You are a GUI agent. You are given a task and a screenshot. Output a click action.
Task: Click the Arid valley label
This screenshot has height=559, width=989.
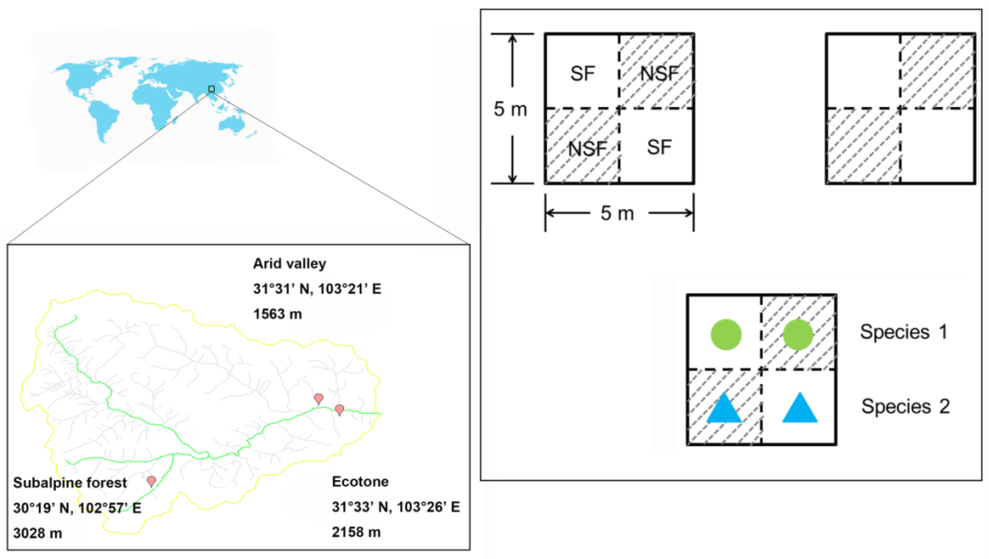(x=289, y=264)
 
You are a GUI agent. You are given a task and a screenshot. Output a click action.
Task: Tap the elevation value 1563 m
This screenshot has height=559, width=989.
(x=278, y=314)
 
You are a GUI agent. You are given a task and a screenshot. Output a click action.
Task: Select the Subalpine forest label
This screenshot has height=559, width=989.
(x=70, y=483)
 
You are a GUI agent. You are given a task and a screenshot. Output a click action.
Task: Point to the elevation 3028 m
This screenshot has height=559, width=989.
(x=38, y=533)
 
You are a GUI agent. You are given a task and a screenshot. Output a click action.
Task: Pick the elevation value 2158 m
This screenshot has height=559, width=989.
(x=356, y=532)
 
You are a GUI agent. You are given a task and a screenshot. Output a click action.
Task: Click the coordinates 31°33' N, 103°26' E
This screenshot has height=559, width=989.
(x=395, y=507)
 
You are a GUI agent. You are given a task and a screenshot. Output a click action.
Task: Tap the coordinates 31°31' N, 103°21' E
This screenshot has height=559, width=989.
(x=317, y=289)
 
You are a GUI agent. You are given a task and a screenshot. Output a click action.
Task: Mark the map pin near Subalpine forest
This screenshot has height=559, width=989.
(x=152, y=481)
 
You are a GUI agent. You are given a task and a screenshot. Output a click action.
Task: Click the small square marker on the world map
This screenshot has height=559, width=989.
(x=211, y=89)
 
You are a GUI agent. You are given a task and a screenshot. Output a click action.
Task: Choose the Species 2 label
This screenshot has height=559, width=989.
(x=905, y=407)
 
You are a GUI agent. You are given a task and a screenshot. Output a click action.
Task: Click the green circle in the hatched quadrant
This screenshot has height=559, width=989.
(x=798, y=335)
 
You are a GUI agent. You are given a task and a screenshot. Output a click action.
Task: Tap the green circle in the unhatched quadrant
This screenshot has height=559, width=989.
(x=726, y=335)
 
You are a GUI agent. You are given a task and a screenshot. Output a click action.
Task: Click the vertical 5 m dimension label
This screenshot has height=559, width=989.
(x=510, y=109)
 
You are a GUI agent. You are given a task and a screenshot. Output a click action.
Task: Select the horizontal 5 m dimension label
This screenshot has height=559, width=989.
(x=617, y=214)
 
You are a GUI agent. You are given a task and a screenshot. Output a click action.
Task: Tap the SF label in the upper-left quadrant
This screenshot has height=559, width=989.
(x=582, y=73)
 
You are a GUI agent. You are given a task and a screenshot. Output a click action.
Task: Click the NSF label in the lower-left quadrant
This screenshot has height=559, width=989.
(x=587, y=149)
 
